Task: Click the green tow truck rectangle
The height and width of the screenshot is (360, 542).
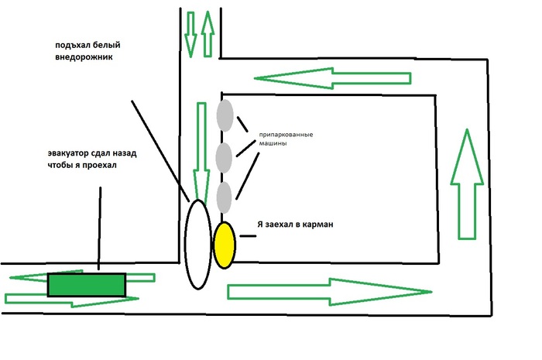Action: pyautogui.click(x=87, y=285)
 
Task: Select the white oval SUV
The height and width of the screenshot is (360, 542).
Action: pyautogui.click(x=197, y=244)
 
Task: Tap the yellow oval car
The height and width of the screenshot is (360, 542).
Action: pyautogui.click(x=225, y=245)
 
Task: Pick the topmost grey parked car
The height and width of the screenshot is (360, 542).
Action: pyautogui.click(x=225, y=115)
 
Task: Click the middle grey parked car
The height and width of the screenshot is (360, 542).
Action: pyautogui.click(x=225, y=158)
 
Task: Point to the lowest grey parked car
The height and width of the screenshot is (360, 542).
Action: pyautogui.click(x=225, y=198)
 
